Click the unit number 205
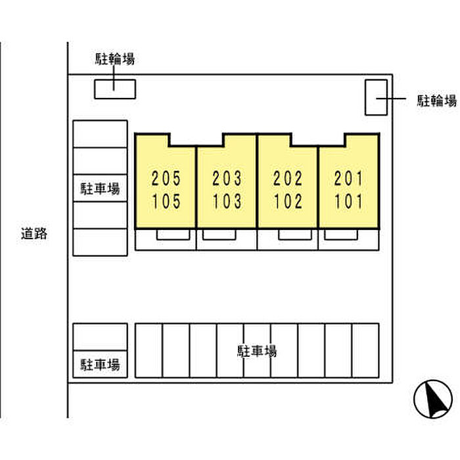(166, 178)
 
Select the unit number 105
(166, 200)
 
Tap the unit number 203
(227, 178)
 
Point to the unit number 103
(227, 200)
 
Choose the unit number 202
(288, 178)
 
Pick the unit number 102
(288, 200)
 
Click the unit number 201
(348, 178)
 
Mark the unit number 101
(348, 200)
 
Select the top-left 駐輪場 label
(114, 60)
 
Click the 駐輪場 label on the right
(437, 101)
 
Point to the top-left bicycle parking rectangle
(115, 89)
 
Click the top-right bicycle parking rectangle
(377, 97)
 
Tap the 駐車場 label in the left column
(100, 189)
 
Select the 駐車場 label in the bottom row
(257, 351)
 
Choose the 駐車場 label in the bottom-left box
(100, 365)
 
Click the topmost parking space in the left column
(100, 134)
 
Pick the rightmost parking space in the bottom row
(365, 350)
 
